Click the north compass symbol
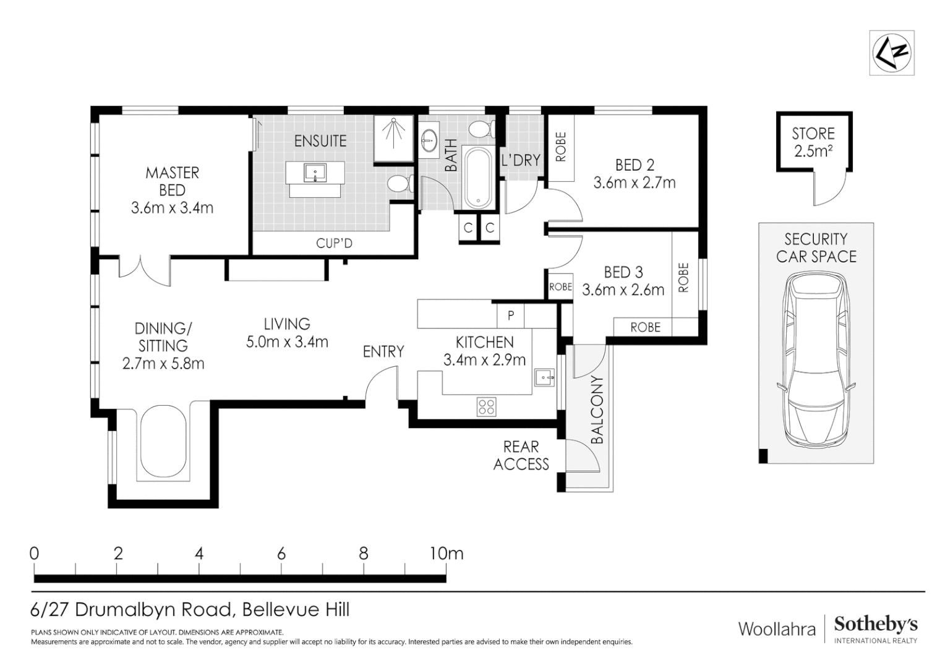click(891, 53)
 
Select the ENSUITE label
click(320, 140)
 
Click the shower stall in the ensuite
click(393, 139)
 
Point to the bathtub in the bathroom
click(478, 178)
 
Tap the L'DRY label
click(521, 160)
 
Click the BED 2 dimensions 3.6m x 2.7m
click(635, 182)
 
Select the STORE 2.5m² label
click(813, 142)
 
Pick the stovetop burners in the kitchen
click(486, 407)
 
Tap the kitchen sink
click(545, 377)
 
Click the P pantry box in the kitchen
click(510, 315)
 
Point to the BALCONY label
click(597, 409)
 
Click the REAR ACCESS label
click(521, 455)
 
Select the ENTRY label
click(383, 351)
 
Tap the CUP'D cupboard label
click(334, 243)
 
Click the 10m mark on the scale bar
click(446, 554)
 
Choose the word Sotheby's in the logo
click(875, 624)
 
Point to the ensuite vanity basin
click(315, 173)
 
